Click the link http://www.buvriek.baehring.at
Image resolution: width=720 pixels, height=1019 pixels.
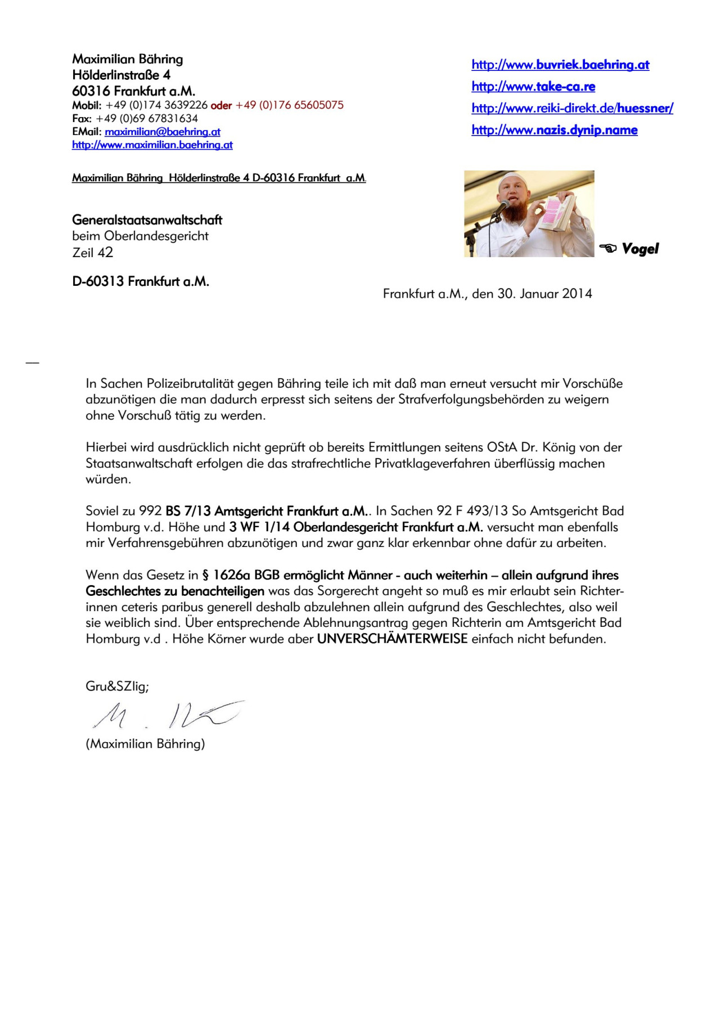point(560,65)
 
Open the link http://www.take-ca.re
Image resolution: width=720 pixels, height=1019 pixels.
point(533,87)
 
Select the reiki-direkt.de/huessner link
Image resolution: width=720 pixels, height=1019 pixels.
point(572,108)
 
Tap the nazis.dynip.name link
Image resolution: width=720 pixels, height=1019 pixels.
point(554,130)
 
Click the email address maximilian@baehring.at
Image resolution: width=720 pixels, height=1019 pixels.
point(163,132)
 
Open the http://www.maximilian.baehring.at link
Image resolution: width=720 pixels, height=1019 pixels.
point(152,145)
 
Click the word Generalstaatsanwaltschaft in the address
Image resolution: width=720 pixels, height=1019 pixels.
point(147,220)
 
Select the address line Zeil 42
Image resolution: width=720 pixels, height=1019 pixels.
point(93,253)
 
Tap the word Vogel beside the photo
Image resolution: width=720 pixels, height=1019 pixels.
point(640,249)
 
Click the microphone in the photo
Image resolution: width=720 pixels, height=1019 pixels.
point(500,208)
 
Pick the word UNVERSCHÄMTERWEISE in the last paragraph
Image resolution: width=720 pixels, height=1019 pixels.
point(392,639)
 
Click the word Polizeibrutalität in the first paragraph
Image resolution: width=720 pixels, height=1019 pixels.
point(191,384)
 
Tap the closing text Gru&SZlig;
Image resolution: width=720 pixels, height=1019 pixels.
point(117,686)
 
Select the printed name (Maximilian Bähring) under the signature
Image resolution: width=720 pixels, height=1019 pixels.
point(145,744)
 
